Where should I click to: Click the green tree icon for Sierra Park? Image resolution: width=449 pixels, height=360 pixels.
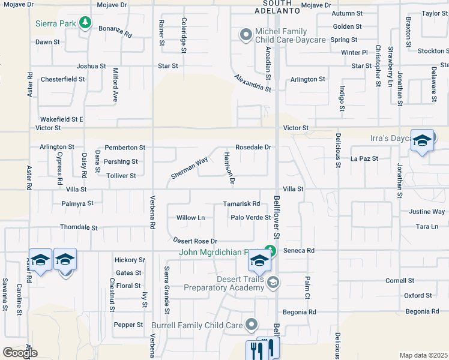(86, 23)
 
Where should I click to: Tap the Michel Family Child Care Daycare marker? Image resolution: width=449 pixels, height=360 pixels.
(245, 35)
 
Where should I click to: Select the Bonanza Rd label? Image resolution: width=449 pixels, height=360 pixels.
(115, 32)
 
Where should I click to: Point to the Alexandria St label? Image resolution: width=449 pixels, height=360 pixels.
(253, 82)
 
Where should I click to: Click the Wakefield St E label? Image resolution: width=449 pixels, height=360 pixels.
(61, 119)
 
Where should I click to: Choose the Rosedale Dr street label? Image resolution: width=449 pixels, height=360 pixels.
(253, 147)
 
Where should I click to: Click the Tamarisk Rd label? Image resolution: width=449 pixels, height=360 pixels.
(241, 204)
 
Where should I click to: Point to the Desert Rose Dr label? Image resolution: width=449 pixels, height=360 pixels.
(194, 240)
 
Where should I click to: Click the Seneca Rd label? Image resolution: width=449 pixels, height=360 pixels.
(299, 250)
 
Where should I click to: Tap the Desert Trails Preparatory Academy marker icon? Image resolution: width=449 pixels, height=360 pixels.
(273, 282)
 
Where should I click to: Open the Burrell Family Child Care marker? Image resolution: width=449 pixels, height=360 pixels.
(252, 325)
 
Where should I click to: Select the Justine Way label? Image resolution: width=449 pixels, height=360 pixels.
(427, 212)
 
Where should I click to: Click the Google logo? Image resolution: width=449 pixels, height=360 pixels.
(20, 353)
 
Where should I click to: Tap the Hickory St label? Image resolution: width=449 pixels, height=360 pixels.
(130, 260)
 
